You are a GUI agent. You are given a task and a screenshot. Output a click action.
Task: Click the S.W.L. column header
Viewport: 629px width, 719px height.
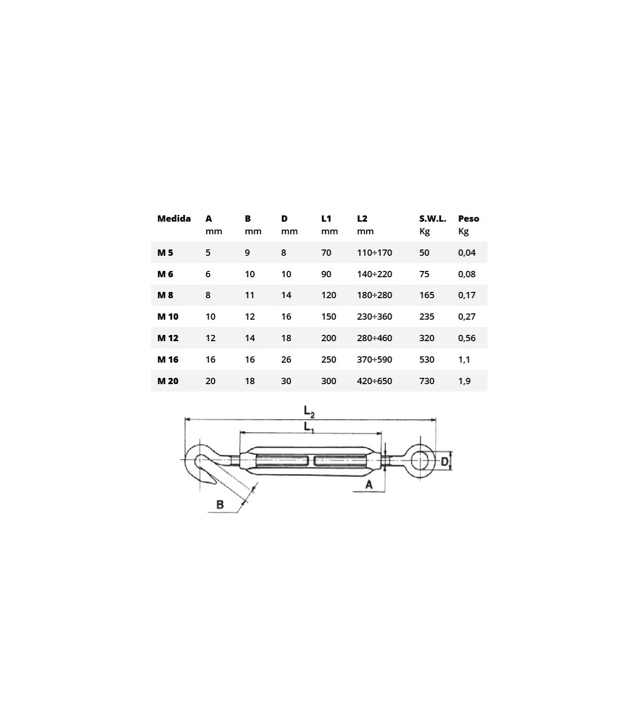pos(432,219)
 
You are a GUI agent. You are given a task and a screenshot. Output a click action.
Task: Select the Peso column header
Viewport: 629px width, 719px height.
pos(469,219)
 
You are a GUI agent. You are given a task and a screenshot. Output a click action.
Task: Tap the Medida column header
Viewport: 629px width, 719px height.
pos(174,219)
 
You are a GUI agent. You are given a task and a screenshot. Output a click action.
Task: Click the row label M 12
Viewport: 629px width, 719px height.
pos(168,338)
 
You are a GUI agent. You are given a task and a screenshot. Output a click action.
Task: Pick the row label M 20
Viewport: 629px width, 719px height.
pos(168,381)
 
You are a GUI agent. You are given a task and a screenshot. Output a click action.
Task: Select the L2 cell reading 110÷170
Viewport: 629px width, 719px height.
pos(375,253)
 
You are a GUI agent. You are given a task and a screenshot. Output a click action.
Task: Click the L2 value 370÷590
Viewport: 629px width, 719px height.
pos(375,359)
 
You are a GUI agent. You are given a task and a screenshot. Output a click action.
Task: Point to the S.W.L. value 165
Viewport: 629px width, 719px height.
pos(427,295)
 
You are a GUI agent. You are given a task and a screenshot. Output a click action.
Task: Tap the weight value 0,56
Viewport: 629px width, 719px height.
pos(467,338)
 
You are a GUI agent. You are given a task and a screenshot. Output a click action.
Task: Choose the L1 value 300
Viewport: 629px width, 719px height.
pos(329,381)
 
